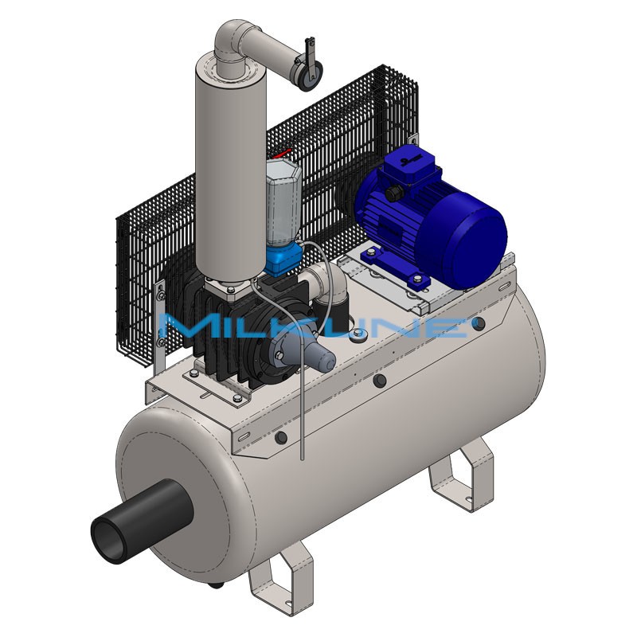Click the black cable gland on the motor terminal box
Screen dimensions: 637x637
pyautogui.click(x=391, y=193)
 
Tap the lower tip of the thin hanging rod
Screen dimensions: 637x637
pyautogui.click(x=302, y=458)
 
